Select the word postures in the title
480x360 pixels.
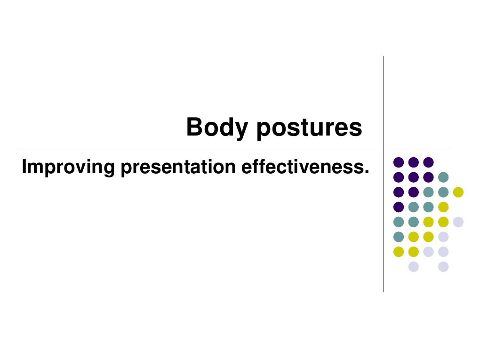309,128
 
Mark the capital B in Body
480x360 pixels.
194,127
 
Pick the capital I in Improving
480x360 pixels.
24,167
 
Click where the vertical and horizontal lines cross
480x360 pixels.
384,148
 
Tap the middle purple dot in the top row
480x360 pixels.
414,162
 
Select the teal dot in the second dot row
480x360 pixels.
443,177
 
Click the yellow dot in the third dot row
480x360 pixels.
458,192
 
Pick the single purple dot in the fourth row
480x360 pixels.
399,207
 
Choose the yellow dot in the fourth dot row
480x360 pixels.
443,207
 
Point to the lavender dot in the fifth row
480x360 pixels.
458,222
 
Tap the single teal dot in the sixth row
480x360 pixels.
399,237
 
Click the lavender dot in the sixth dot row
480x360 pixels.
443,237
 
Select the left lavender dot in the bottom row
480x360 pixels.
414,266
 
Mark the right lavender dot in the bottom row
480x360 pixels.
443,266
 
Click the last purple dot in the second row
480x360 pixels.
428,177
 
